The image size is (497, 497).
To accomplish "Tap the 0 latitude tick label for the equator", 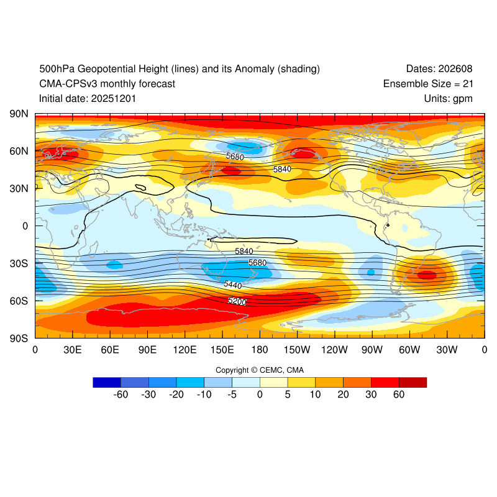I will click(25, 226).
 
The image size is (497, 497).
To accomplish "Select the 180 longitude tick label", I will click(260, 350).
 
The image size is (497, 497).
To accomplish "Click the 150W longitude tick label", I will click(297, 350).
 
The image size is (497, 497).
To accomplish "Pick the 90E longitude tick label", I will click(147, 350).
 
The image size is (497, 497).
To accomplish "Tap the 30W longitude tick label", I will click(447, 350).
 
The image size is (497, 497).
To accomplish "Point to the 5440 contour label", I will click(233, 284).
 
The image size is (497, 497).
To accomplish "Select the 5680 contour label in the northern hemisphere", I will click(235, 157).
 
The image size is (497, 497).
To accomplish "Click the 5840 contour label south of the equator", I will click(244, 251).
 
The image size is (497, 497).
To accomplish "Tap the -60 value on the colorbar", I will click(121, 394).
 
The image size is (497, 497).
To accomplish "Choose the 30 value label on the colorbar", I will click(371, 394).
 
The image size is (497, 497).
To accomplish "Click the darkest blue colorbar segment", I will click(106, 382).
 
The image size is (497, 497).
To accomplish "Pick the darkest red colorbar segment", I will click(413, 382).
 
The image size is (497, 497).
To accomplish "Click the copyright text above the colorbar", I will click(260, 370).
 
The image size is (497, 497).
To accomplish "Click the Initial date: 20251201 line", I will click(88, 98).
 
